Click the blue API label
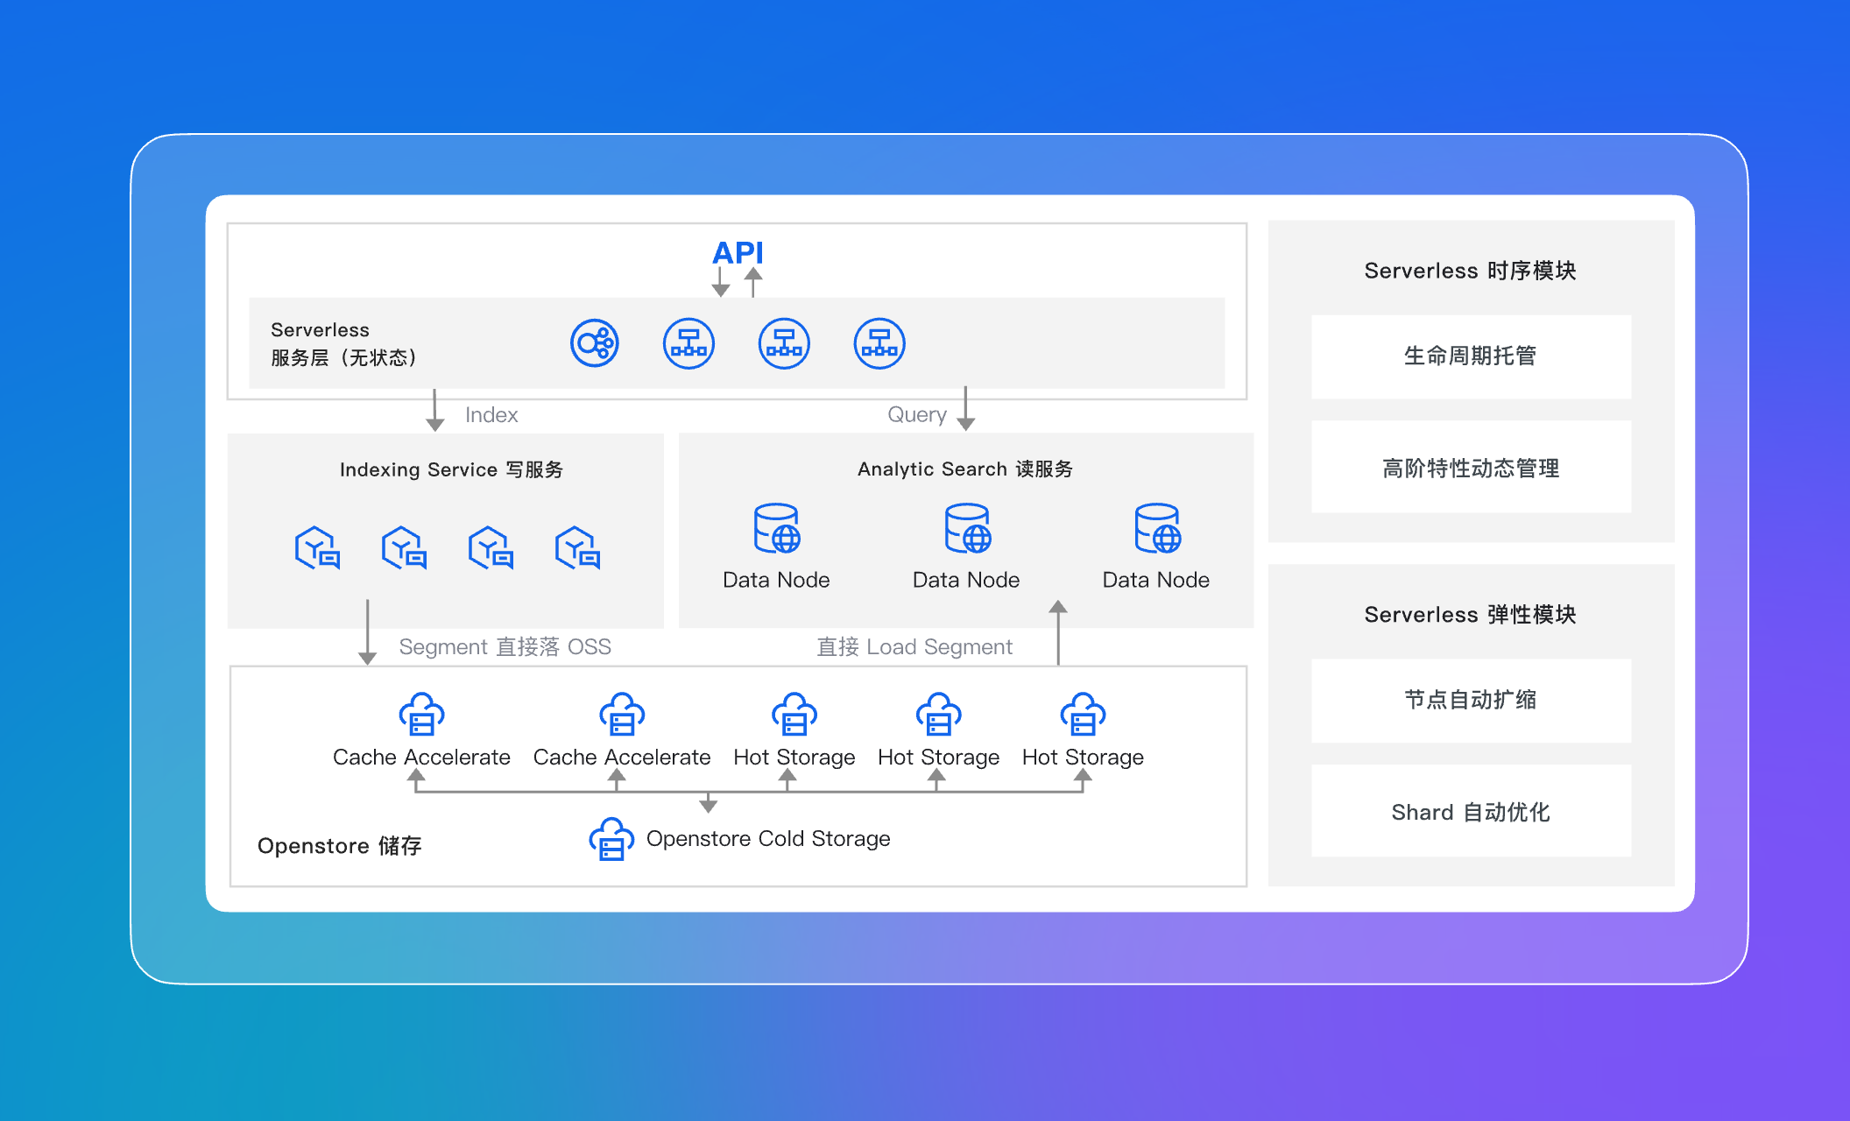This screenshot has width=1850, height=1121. pyautogui.click(x=738, y=253)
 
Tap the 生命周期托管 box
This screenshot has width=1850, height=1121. pyautogui.click(x=1471, y=356)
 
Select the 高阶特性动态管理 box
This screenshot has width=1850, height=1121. pyautogui.click(x=1471, y=467)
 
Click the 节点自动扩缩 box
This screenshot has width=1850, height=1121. pyautogui.click(x=1471, y=700)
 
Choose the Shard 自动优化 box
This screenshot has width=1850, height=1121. pyautogui.click(x=1471, y=811)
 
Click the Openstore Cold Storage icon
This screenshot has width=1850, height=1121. pyautogui.click(x=611, y=839)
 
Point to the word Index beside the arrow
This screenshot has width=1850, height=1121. pyautogui.click(x=491, y=414)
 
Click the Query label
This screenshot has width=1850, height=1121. pyautogui.click(x=917, y=414)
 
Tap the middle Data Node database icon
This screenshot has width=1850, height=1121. pyautogui.click(x=967, y=528)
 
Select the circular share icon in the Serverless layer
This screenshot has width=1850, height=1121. pyautogui.click(x=595, y=343)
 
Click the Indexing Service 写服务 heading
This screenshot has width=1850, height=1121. pyautogui.click(x=451, y=469)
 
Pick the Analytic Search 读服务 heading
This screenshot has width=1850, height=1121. pyautogui.click(x=965, y=469)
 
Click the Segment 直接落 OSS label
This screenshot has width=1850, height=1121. pyautogui.click(x=505, y=646)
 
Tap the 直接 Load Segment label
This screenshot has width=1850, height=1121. pyautogui.click(x=914, y=646)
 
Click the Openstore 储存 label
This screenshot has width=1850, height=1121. pyautogui.click(x=340, y=845)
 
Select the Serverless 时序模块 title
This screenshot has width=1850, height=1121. pyautogui.click(x=1471, y=271)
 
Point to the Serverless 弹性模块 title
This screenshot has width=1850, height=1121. pyautogui.click(x=1471, y=614)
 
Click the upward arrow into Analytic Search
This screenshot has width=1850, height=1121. pyautogui.click(x=1058, y=632)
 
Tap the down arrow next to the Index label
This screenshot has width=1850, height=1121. pyautogui.click(x=434, y=410)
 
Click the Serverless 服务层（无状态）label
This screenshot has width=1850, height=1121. pyautogui.click(x=343, y=343)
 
